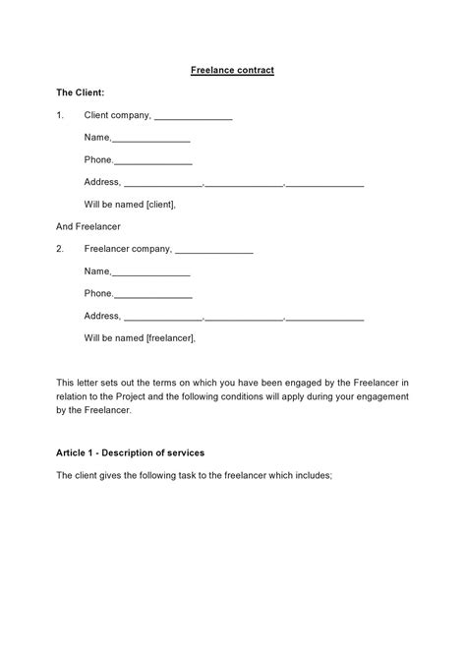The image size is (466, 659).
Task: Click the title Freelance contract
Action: point(232,71)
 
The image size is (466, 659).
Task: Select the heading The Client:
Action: point(81,92)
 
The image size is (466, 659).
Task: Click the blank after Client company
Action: point(194,116)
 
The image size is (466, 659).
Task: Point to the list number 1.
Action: point(60,115)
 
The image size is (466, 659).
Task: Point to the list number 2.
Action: point(60,249)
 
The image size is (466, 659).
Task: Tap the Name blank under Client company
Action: point(151,139)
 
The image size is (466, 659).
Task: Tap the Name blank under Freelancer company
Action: point(151,272)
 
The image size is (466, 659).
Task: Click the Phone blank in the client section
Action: point(153,161)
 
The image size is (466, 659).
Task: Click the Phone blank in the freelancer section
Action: point(153,295)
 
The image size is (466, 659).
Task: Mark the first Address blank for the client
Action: point(163,183)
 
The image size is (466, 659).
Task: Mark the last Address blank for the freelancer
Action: point(325,317)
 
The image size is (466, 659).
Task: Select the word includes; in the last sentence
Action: point(313,475)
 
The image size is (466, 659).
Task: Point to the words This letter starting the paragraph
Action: point(80,382)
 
